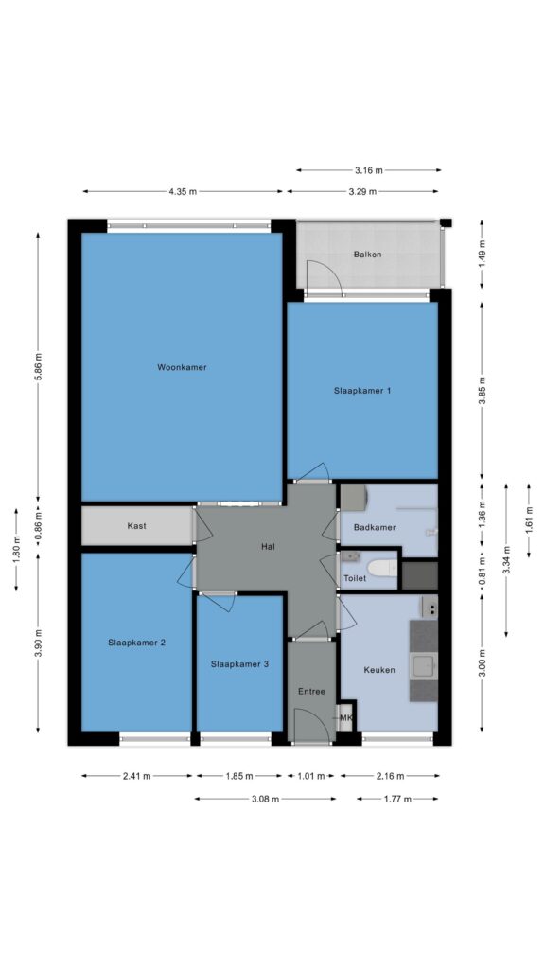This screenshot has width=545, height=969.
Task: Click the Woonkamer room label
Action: tap(182, 367)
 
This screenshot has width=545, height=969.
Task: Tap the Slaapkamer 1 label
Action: tap(362, 391)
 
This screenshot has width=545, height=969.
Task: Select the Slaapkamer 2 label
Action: tap(136, 643)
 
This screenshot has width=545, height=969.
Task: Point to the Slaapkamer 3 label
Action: tap(239, 664)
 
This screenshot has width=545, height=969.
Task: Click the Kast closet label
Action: tap(136, 526)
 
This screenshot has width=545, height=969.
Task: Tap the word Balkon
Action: tap(367, 254)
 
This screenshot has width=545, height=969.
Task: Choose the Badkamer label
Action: tap(375, 527)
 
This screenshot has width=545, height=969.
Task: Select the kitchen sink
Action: tap(425, 667)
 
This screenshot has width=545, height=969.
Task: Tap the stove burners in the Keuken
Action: tap(430, 608)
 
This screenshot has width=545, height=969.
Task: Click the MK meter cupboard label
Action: tap(345, 718)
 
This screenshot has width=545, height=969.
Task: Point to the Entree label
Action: tap(311, 692)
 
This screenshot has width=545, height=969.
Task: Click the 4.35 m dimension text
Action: tap(183, 191)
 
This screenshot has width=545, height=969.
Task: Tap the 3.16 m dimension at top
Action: tap(369, 170)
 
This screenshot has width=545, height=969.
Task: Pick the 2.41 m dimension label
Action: tap(137, 776)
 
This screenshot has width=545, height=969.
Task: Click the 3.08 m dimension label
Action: tap(265, 799)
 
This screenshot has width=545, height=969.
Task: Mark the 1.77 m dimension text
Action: tap(397, 799)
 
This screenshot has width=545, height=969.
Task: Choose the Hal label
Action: tap(268, 546)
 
